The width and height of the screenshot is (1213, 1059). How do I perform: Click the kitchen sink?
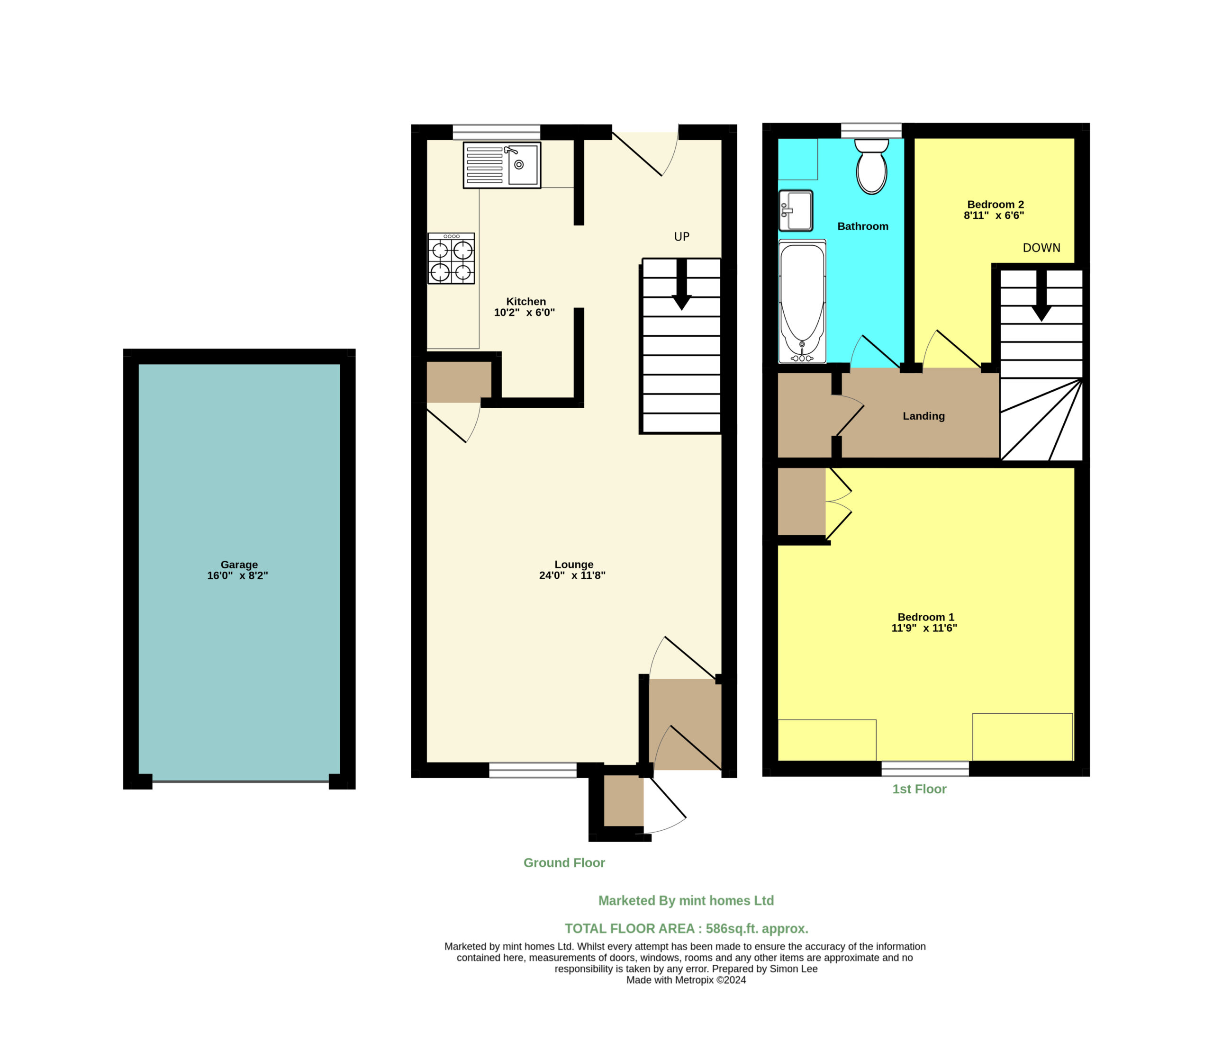click(x=502, y=165)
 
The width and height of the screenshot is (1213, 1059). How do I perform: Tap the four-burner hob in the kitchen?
click(x=451, y=258)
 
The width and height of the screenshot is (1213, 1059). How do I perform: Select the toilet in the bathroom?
click(x=871, y=167)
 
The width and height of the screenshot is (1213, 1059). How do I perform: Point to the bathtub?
click(x=802, y=301)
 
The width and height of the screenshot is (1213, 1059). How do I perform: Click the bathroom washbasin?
click(x=796, y=210)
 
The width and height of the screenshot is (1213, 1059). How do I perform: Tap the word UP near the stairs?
click(x=681, y=237)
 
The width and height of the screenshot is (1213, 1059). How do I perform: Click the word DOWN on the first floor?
click(x=1041, y=248)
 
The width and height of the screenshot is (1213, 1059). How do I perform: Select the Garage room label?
click(x=239, y=565)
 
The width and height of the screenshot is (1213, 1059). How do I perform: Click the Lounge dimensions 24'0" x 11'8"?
click(x=572, y=575)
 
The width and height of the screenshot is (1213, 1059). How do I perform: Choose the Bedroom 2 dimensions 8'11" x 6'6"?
click(x=994, y=215)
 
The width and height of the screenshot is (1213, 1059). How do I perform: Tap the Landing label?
click(x=923, y=416)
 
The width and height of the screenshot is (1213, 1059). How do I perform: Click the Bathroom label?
click(x=862, y=226)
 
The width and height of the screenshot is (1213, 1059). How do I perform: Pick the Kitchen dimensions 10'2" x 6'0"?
click(x=525, y=313)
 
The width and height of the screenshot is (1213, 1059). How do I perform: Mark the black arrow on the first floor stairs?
click(x=1041, y=296)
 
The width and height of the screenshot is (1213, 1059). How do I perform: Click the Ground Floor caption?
click(x=564, y=863)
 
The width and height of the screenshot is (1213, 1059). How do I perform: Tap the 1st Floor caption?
click(x=919, y=789)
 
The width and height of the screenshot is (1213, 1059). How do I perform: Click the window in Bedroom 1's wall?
click(x=925, y=769)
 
